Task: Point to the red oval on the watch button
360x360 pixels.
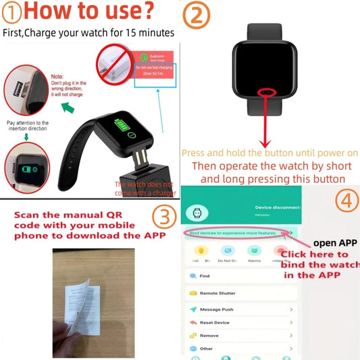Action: pyautogui.click(x=268, y=92)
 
